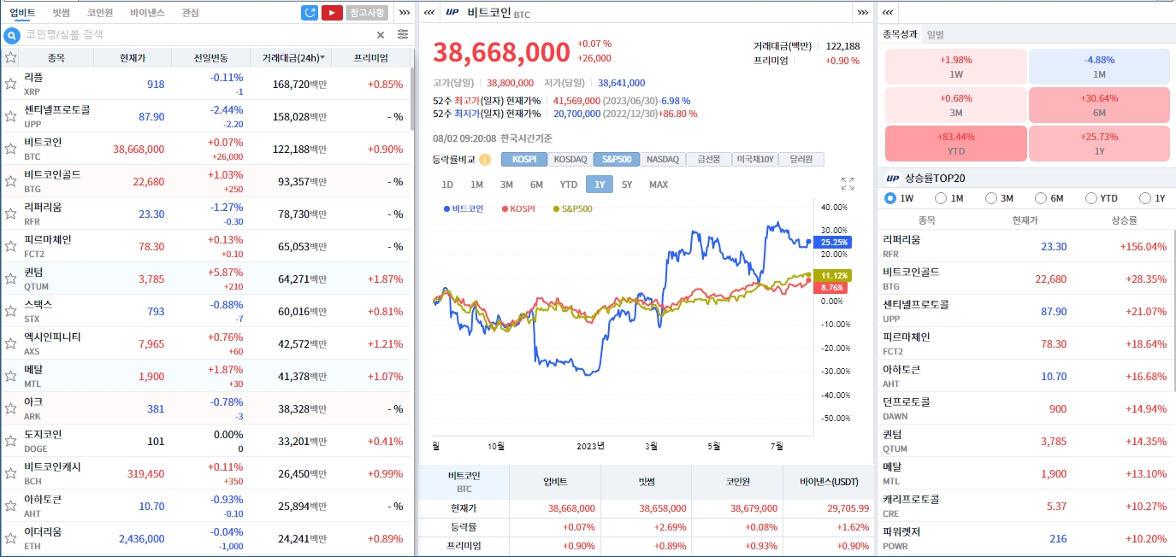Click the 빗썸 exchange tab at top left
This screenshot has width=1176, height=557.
click(61, 13)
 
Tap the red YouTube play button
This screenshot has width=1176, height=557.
click(332, 13)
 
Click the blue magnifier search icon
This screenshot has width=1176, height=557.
click(12, 35)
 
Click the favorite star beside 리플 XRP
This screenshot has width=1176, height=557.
click(11, 84)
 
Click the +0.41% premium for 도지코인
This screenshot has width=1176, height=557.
click(385, 442)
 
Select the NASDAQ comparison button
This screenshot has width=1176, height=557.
click(662, 159)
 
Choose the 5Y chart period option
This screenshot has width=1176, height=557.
click(627, 185)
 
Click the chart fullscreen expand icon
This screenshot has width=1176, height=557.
click(847, 184)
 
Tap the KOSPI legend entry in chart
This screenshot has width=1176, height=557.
click(518, 208)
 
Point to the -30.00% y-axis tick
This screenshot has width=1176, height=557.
click(833, 372)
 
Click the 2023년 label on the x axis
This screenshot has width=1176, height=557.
click(590, 446)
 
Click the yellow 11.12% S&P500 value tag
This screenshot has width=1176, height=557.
click(833, 275)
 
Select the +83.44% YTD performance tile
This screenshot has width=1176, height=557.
click(955, 144)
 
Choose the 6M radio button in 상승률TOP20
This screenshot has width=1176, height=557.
click(1041, 198)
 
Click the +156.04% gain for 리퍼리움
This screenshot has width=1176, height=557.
click(1143, 246)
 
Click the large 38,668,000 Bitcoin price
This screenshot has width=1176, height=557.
click(501, 52)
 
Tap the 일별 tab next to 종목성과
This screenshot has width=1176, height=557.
click(935, 34)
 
